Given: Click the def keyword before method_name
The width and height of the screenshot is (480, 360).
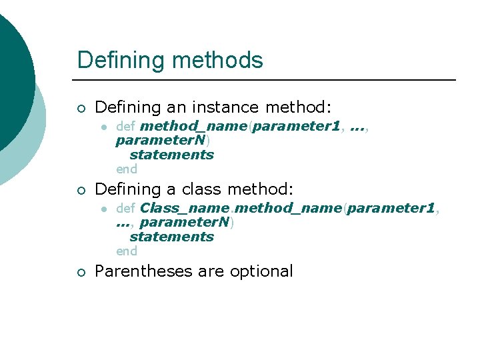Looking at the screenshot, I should point(125,126).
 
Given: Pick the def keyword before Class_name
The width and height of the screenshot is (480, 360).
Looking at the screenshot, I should point(125,208).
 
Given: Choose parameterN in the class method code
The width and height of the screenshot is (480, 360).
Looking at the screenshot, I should point(185,223).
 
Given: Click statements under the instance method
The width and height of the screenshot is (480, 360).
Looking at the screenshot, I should point(171,155).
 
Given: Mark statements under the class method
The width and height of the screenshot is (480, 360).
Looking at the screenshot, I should point(171,237).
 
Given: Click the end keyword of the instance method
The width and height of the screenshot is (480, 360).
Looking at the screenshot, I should point(126,169).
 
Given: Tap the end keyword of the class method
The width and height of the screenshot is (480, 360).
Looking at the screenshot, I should point(126,251).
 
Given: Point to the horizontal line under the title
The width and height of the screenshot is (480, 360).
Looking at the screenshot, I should point(267,80).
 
